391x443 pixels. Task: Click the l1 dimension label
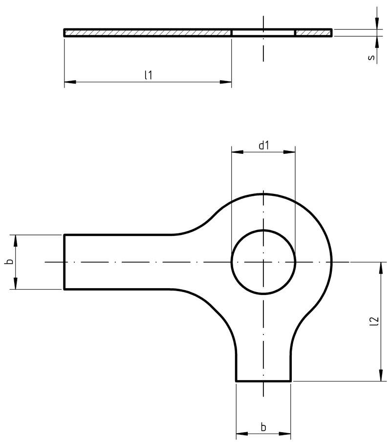pyautogui.click(x=148, y=75)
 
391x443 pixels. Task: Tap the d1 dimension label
pyautogui.click(x=263, y=145)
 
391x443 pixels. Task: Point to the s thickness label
pyautogui.click(x=371, y=57)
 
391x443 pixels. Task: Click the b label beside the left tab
pyautogui.click(x=9, y=262)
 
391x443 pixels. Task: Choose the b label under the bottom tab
pyautogui.click(x=263, y=426)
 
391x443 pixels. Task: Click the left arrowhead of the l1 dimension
pyautogui.click(x=70, y=82)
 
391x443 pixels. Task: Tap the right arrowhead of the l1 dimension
pyautogui.click(x=226, y=82)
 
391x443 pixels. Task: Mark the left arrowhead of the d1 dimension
pyautogui.click(x=237, y=152)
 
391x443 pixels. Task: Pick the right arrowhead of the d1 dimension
pyautogui.click(x=289, y=152)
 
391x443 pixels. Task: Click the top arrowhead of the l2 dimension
pyautogui.click(x=381, y=268)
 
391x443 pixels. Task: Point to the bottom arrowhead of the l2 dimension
pyautogui.click(x=381, y=375)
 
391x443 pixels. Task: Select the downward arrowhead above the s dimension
pyautogui.click(x=377, y=23)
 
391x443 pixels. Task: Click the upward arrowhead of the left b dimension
pyautogui.click(x=16, y=240)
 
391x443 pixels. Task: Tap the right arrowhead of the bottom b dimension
pyautogui.click(x=285, y=434)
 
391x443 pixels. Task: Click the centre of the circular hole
pyautogui.click(x=263, y=262)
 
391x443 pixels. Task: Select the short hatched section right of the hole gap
pyautogui.click(x=313, y=33)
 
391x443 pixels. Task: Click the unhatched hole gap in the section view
pyautogui.click(x=263, y=33)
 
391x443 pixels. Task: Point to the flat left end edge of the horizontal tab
pyautogui.click(x=65, y=262)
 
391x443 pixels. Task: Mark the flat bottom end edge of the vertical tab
pyautogui.click(x=263, y=381)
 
